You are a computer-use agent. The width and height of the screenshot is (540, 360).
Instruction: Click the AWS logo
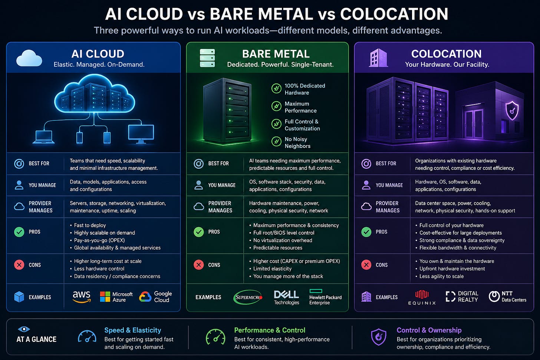tap(82, 297)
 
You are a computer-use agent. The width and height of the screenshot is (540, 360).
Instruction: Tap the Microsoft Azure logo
tap(116, 297)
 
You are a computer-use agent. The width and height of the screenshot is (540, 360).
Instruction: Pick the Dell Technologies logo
tap(286, 297)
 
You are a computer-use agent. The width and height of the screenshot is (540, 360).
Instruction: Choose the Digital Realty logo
tap(462, 297)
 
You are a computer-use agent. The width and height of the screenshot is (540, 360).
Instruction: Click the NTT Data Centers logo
tap(507, 297)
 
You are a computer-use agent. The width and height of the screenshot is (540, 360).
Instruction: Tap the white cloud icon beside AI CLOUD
tap(29, 58)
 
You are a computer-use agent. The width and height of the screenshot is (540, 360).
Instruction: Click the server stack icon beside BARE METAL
tap(207, 58)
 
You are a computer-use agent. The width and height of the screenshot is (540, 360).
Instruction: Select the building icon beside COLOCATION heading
tap(378, 59)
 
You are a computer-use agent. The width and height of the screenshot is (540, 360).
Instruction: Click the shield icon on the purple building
tap(512, 110)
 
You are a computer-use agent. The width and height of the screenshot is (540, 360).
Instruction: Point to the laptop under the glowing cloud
tap(43, 137)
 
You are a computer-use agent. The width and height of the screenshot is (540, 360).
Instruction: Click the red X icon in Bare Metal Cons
tap(199, 265)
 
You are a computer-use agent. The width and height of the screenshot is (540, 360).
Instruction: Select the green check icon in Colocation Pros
tap(366, 232)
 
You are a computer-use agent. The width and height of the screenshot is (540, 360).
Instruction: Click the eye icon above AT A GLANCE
tap(24, 329)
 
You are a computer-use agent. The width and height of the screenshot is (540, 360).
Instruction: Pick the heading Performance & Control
tap(270, 330)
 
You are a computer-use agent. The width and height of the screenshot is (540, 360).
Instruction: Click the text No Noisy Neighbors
tap(297, 143)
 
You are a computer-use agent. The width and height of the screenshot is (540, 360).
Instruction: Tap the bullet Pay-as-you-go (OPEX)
tap(99, 240)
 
